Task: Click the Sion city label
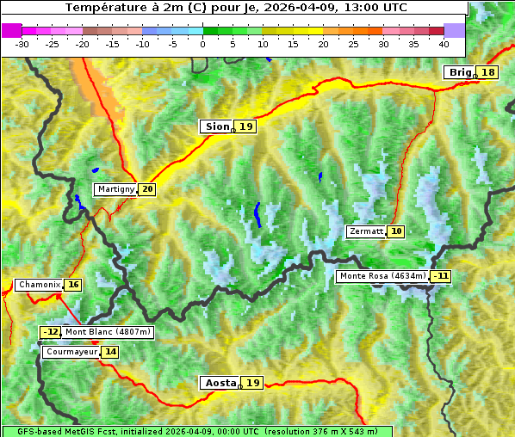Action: click(216, 126)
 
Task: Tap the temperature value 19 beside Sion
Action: click(246, 126)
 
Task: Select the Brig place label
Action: click(460, 72)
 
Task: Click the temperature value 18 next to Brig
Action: click(488, 72)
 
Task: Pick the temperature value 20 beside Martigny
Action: click(147, 189)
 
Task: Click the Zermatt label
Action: click(366, 231)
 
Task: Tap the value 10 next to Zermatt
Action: click(396, 231)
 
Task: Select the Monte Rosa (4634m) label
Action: click(382, 276)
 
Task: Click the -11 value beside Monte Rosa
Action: click(441, 276)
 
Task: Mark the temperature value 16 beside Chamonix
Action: click(73, 285)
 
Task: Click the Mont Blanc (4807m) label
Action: click(108, 332)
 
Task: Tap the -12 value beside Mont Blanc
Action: click(51, 332)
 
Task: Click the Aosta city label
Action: click(219, 383)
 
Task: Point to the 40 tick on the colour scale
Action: click(444, 43)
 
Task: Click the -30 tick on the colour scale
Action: click(23, 43)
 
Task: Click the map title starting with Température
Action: click(236, 7)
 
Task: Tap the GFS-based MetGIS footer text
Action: click(196, 431)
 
